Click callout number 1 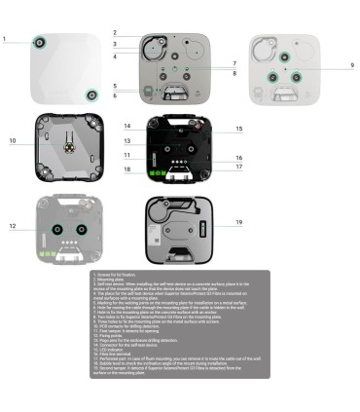pos(4,40)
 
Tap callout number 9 pos(351,64)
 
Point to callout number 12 pos(14,226)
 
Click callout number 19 pos(238,222)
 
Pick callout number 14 pos(127,127)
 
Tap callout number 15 pos(238,129)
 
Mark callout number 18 pos(127,170)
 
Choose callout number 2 pos(114,33)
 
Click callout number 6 pos(114,95)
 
